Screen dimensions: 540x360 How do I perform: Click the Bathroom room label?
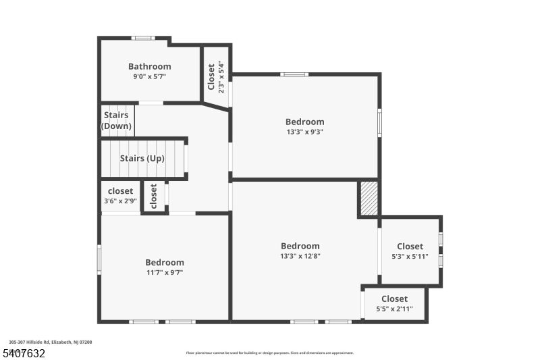pyautogui.click(x=149, y=66)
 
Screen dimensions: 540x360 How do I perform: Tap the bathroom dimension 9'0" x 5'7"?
pyautogui.click(x=149, y=76)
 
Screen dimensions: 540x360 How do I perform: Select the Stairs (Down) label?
pyautogui.click(x=116, y=121)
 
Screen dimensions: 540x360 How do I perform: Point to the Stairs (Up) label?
pyautogui.click(x=142, y=159)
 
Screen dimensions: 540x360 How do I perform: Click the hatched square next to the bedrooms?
pyautogui.click(x=369, y=199)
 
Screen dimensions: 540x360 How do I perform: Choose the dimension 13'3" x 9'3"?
pyautogui.click(x=305, y=132)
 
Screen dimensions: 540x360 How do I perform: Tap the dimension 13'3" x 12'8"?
pyautogui.click(x=300, y=256)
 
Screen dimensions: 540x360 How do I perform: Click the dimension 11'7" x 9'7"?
pyautogui.click(x=165, y=272)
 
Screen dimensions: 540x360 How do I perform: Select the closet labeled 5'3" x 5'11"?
pyautogui.click(x=410, y=251)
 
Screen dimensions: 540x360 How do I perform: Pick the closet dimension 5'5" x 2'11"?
pyautogui.click(x=394, y=309)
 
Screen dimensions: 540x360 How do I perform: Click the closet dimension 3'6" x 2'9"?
pyautogui.click(x=121, y=201)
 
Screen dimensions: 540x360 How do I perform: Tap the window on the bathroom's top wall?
pyautogui.click(x=143, y=38)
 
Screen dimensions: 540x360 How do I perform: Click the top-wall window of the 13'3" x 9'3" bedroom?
pyautogui.click(x=294, y=74)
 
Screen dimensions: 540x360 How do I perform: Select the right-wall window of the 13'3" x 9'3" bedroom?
pyautogui.click(x=379, y=123)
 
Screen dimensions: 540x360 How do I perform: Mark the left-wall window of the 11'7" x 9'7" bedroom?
pyautogui.click(x=99, y=259)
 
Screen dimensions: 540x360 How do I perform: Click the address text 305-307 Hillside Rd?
pyautogui.click(x=30, y=342)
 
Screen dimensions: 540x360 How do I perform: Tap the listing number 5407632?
pyautogui.click(x=24, y=353)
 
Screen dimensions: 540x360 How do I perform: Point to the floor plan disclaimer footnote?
pyautogui.click(x=269, y=353)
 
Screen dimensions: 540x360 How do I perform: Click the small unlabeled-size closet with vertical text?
pyautogui.click(x=154, y=197)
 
